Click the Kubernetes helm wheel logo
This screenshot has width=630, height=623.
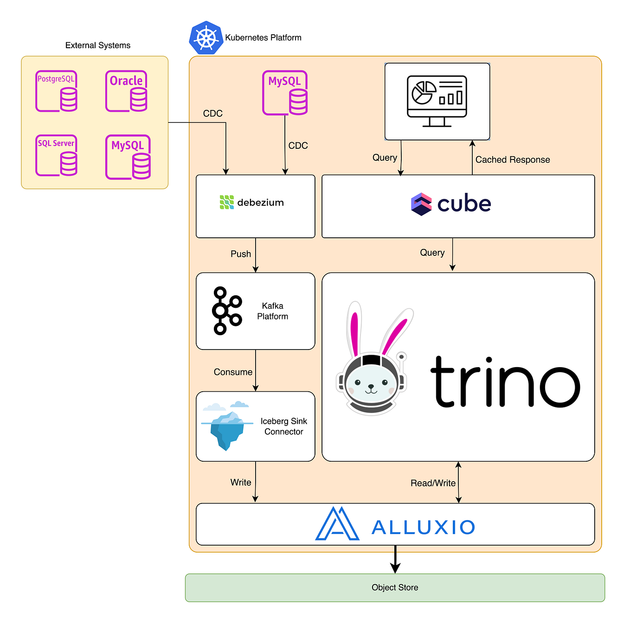click(x=206, y=38)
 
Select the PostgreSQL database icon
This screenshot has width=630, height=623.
click(x=57, y=91)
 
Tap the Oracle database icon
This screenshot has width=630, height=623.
click(x=126, y=91)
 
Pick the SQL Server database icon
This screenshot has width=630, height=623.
click(x=57, y=156)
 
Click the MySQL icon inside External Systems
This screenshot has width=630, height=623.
click(x=128, y=157)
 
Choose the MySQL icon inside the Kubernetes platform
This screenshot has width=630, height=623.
click(x=285, y=93)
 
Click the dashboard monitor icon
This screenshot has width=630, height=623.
click(x=437, y=101)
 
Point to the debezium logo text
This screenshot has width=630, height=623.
click(x=260, y=203)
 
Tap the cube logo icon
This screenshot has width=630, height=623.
click(x=421, y=204)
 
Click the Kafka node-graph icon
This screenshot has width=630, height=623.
click(x=226, y=311)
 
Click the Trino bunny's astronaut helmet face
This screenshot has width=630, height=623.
click(x=371, y=382)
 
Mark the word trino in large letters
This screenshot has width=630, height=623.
click(x=505, y=382)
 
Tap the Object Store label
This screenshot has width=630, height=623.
click(x=395, y=588)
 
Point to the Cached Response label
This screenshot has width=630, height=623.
click(x=513, y=160)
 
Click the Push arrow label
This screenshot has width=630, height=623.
click(x=241, y=254)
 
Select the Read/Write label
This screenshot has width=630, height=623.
click(x=433, y=483)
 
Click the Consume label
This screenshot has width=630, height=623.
click(x=233, y=372)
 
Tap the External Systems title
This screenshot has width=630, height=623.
click(x=98, y=45)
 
